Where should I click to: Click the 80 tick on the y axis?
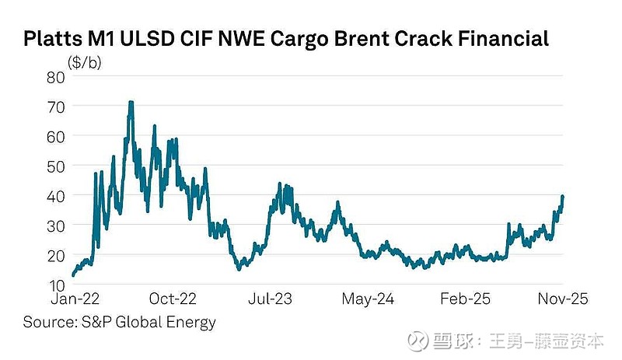click(55, 76)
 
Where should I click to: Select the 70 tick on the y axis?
click(55, 106)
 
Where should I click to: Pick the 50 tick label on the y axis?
click(55, 166)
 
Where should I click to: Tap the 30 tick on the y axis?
click(55, 225)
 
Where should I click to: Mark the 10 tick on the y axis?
click(55, 285)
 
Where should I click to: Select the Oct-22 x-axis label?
click(172, 300)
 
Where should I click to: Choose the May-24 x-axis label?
click(369, 300)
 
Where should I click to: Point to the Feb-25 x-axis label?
click(465, 300)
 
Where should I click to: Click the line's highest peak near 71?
click(131, 102)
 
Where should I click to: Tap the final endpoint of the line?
click(562, 196)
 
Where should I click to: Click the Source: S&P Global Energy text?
click(119, 322)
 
